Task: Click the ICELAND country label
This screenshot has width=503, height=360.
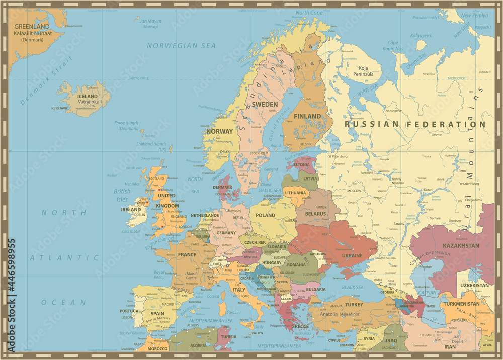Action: tap(88, 96)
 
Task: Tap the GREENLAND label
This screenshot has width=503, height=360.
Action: tap(32, 27)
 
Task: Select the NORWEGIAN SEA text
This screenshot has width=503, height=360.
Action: tap(181, 46)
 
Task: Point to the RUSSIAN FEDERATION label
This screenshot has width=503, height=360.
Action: tap(415, 124)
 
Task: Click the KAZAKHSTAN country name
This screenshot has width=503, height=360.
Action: tap(461, 246)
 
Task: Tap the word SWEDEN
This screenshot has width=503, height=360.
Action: tap(265, 104)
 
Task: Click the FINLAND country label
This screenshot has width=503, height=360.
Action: tap(307, 116)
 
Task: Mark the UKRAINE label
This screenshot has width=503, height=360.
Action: tap(352, 255)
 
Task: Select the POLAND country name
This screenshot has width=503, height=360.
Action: tap(265, 215)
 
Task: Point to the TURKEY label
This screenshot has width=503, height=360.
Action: tap(354, 305)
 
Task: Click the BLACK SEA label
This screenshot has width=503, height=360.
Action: tap(353, 287)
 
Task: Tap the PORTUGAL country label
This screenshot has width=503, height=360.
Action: tap(131, 311)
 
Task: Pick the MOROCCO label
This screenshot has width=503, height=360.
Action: tap(157, 349)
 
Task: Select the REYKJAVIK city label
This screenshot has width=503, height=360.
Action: tap(59, 108)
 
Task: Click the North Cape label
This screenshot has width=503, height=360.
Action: tap(309, 13)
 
